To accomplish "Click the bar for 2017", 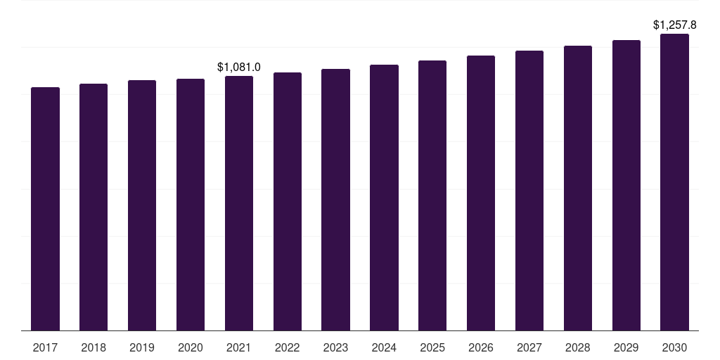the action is pyautogui.click(x=45, y=209).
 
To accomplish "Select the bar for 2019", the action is pyautogui.click(x=142, y=205).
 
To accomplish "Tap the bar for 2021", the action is pyautogui.click(x=239, y=203).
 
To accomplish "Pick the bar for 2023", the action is pyautogui.click(x=335, y=200).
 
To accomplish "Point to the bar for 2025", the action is pyautogui.click(x=432, y=195).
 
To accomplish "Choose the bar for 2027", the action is pyautogui.click(x=529, y=191).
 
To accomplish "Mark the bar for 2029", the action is pyautogui.click(x=626, y=186).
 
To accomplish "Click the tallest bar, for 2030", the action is pyautogui.click(x=674, y=182).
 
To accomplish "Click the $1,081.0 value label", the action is pyautogui.click(x=239, y=67).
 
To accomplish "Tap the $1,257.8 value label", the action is pyautogui.click(x=674, y=25).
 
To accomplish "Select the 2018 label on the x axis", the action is pyautogui.click(x=94, y=347).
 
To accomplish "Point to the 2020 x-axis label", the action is pyautogui.click(x=191, y=347).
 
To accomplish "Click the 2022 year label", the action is pyautogui.click(x=288, y=347).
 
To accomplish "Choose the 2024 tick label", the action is pyautogui.click(x=384, y=347).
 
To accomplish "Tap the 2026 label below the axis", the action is pyautogui.click(x=481, y=347).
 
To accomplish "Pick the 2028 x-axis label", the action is pyautogui.click(x=578, y=347).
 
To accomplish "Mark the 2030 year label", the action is pyautogui.click(x=674, y=347).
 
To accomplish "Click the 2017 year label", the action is pyautogui.click(x=45, y=347).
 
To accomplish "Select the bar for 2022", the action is pyautogui.click(x=288, y=202).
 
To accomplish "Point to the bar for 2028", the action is pyautogui.click(x=578, y=188).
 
